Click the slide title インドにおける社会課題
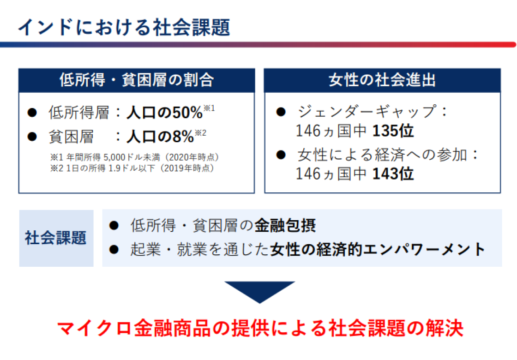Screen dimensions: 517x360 [x=124, y=27]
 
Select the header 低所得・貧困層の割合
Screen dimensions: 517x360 [x=137, y=80]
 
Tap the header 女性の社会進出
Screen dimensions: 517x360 [x=382, y=80]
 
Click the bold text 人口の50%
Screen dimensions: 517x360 [x=164, y=113]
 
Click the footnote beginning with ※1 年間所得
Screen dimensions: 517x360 [x=134, y=157]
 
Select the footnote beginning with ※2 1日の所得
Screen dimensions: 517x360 [x=132, y=168]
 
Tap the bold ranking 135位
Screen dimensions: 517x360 [x=393, y=131]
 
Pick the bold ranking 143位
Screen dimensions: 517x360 [x=393, y=174]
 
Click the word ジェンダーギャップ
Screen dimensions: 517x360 [x=367, y=111]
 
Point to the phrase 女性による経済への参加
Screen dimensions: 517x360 [x=382, y=155]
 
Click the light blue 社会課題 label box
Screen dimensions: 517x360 [x=56, y=238]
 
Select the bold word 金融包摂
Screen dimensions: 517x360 [x=285, y=226]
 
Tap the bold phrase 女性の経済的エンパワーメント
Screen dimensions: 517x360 [x=378, y=249]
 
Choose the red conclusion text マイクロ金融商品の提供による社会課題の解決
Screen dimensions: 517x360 [x=260, y=328]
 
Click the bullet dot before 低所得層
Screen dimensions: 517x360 [x=32, y=113]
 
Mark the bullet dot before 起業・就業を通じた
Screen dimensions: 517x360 [x=114, y=250]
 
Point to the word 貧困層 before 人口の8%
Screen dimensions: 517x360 [x=71, y=137]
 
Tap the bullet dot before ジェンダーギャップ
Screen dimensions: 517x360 [x=281, y=112]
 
